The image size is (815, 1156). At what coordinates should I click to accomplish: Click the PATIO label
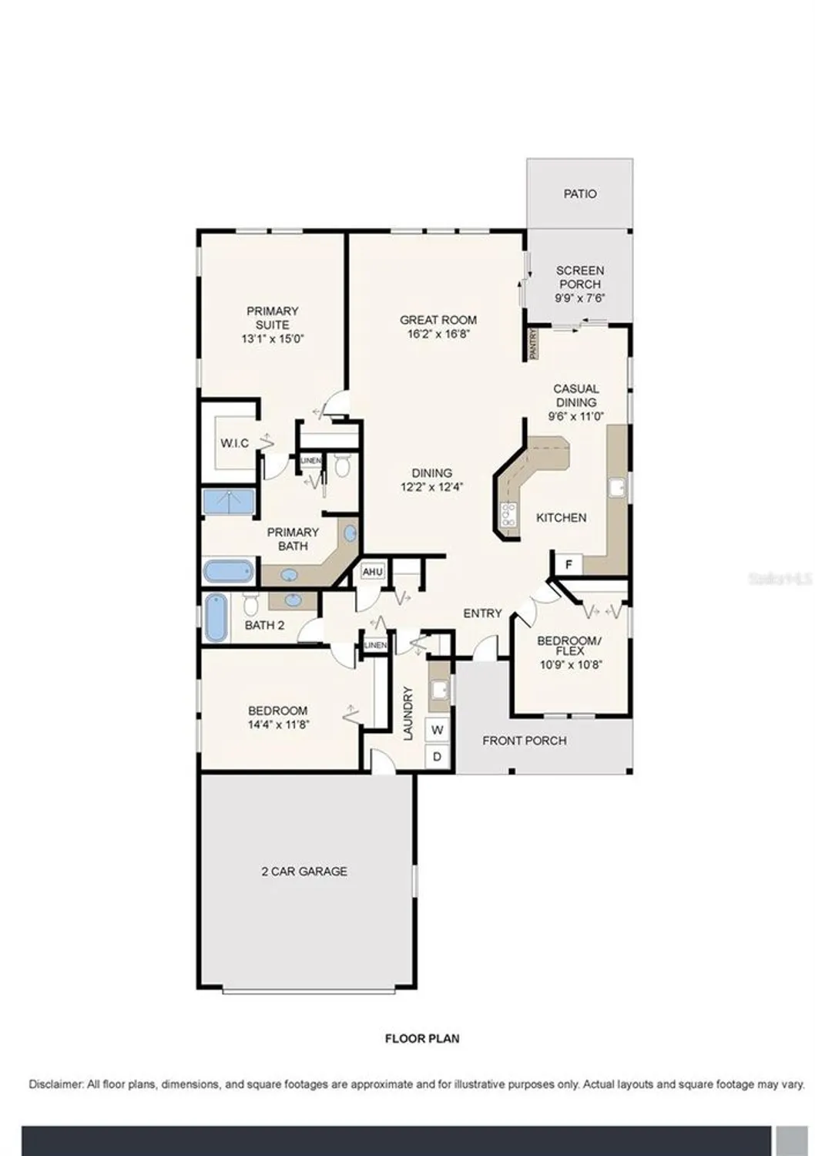579,194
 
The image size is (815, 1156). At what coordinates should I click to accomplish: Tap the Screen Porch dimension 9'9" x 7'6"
579,298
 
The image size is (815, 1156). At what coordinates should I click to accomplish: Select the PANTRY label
532,344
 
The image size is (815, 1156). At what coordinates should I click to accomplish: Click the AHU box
373,572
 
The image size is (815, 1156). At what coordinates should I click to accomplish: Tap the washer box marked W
438,729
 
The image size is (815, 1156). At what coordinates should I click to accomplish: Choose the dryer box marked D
438,757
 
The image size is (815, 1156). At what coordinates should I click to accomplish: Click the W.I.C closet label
234,443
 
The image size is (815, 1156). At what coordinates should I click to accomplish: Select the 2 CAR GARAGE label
304,872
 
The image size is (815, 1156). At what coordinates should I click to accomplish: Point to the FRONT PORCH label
524,741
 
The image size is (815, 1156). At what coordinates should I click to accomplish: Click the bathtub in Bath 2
216,618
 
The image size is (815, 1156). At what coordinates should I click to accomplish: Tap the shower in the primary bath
229,501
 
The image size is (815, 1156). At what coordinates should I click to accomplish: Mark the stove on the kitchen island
508,514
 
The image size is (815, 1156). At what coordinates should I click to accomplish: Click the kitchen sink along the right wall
618,487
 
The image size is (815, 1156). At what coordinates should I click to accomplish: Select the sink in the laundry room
439,688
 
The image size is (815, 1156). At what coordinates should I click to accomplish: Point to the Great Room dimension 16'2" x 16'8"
438,334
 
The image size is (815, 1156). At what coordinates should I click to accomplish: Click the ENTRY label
482,613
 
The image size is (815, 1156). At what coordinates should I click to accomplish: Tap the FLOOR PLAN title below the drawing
422,1038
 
